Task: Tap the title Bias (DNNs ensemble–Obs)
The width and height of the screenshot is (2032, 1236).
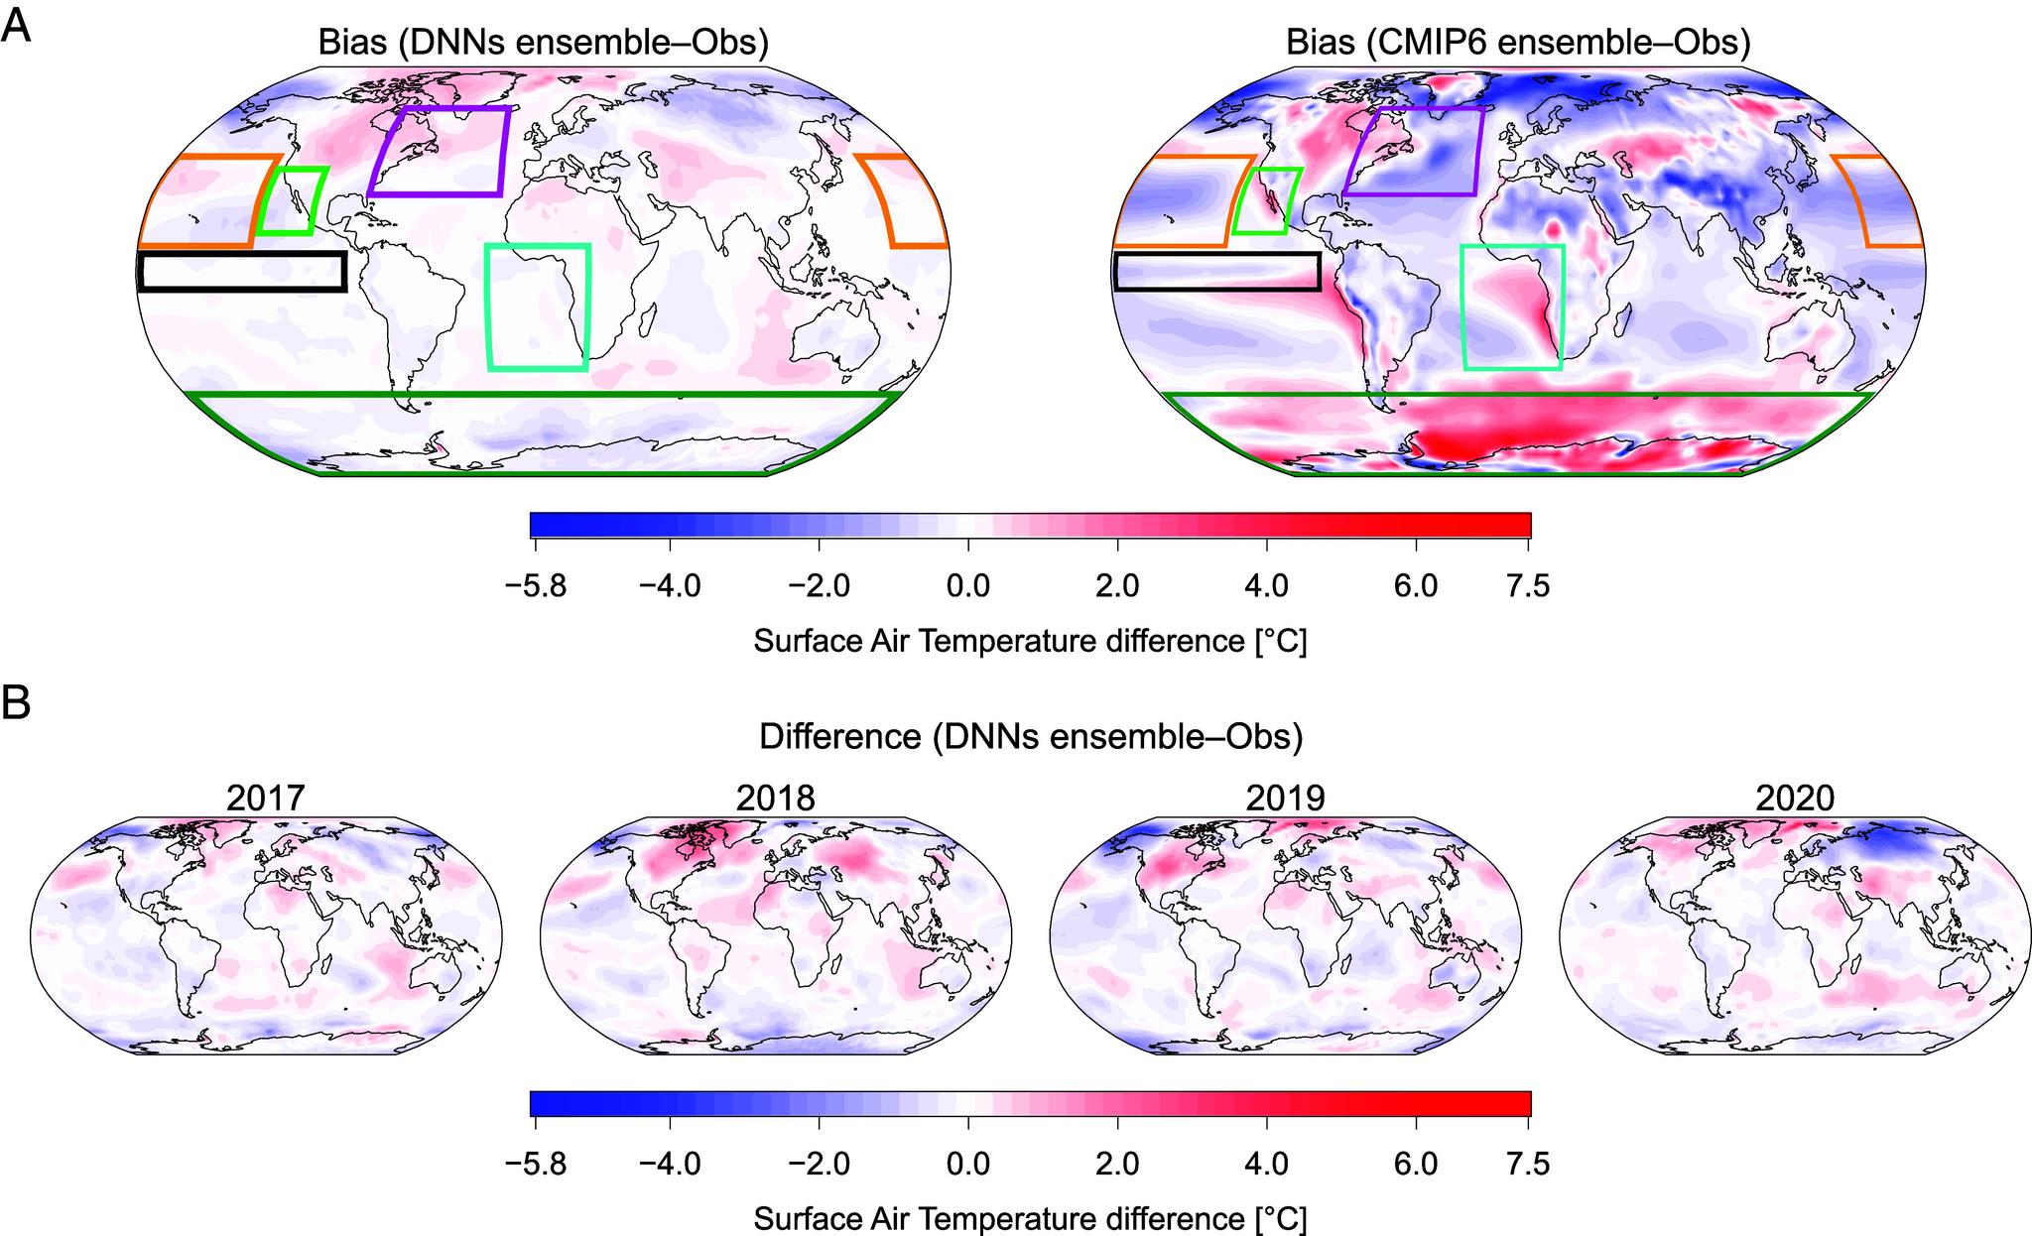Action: pos(543,43)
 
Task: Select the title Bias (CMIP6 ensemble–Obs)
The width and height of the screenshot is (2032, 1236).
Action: pos(1518,43)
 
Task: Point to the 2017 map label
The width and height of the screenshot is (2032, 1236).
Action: pos(265,798)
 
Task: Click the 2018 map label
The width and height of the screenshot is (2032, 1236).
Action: pos(776,798)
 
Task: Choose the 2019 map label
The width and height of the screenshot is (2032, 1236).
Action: pos(1286,798)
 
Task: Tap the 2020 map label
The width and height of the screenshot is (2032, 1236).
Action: pos(1796,798)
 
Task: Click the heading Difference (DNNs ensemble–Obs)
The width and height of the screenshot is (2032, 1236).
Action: pos(1030,737)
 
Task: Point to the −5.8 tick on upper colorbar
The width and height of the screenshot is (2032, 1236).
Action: pos(535,585)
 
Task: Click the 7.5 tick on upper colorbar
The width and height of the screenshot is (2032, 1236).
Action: pos(1528,585)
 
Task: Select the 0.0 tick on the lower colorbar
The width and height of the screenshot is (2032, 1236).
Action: pos(968,1165)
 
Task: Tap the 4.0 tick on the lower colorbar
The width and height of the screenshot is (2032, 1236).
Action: pos(1266,1165)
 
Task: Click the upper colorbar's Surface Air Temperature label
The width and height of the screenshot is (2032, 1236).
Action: pos(1030,641)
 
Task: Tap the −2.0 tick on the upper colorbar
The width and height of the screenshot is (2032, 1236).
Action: pos(820,585)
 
